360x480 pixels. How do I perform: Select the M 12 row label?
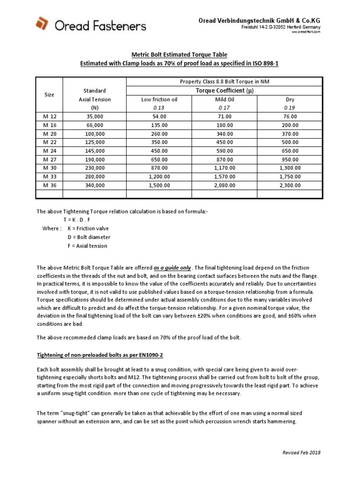[49, 116]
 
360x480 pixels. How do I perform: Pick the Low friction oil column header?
[159, 99]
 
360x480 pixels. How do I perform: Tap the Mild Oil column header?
[224, 99]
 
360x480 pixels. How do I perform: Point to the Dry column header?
[290, 99]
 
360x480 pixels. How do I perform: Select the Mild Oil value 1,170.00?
[224, 168]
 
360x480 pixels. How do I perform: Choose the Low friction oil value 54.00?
[159, 116]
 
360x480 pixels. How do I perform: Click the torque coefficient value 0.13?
[159, 108]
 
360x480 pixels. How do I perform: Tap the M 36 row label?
[49, 185]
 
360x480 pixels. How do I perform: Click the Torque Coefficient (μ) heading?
[225, 90]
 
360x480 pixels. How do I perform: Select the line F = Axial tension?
[87, 246]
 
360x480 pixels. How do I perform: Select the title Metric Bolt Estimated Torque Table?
[180, 54]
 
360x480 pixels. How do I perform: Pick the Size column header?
[49, 95]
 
